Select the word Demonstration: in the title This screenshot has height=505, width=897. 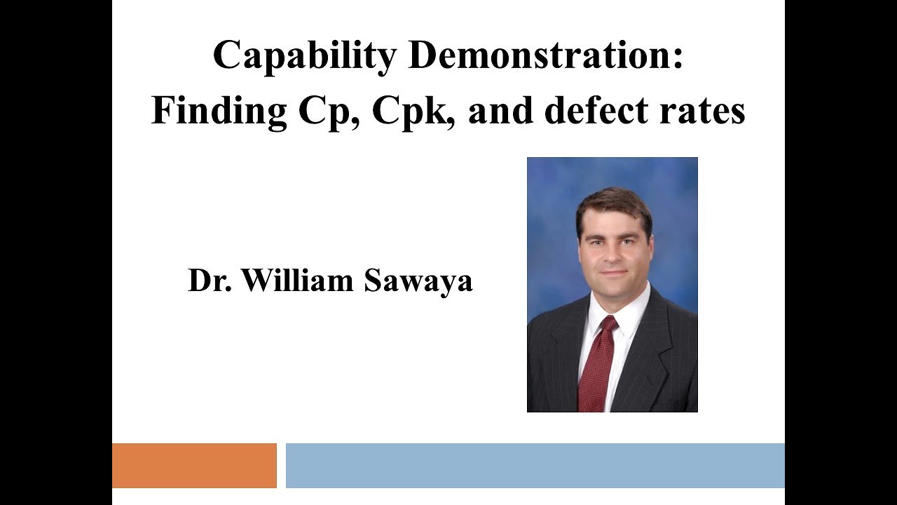[x=545, y=56]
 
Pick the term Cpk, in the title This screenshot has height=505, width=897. [x=414, y=111]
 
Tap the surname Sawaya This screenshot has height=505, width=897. [x=418, y=281]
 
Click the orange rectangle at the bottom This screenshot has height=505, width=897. [x=194, y=465]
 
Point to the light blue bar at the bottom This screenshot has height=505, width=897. [x=535, y=465]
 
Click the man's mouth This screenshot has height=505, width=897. [x=612, y=273]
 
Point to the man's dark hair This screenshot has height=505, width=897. [x=613, y=203]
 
